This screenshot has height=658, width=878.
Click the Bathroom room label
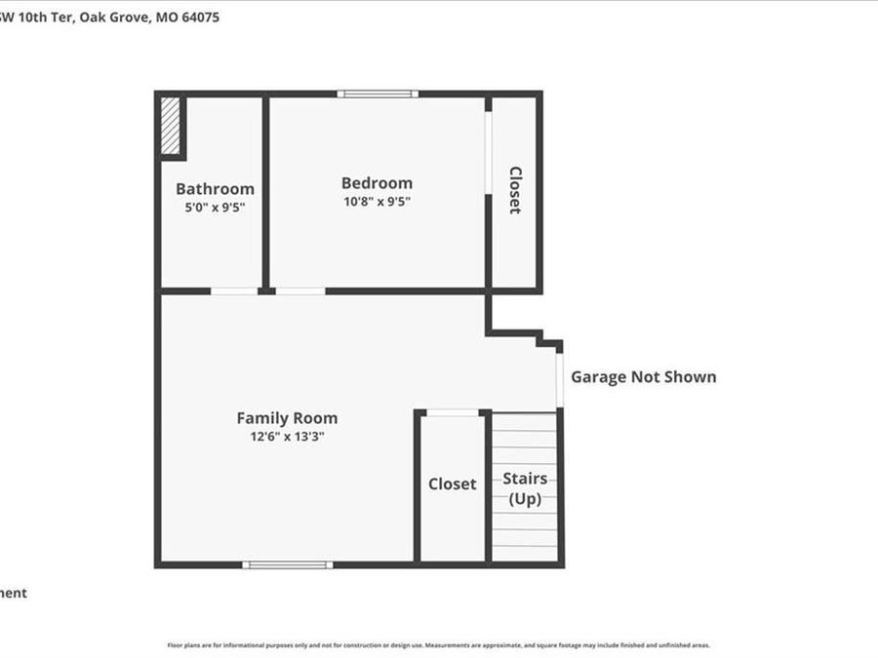pyautogui.click(x=215, y=189)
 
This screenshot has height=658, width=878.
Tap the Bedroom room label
pyautogui.click(x=377, y=183)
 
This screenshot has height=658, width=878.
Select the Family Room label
pyautogui.click(x=287, y=418)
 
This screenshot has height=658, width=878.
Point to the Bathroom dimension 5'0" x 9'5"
pyautogui.click(x=215, y=208)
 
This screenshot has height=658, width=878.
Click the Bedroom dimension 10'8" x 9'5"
pyautogui.click(x=377, y=202)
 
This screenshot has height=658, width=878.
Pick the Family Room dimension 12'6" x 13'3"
pyautogui.click(x=287, y=437)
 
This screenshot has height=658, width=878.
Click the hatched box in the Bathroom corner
pyautogui.click(x=172, y=125)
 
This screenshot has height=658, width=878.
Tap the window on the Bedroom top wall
pyautogui.click(x=378, y=94)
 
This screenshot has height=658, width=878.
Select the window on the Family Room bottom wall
pyautogui.click(x=287, y=564)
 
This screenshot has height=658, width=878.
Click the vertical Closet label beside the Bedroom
pyautogui.click(x=515, y=190)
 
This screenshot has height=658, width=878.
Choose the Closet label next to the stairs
pyautogui.click(x=453, y=484)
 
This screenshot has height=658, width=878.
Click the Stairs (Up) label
pyautogui.click(x=525, y=488)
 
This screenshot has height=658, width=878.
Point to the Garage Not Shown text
pyautogui.click(x=643, y=377)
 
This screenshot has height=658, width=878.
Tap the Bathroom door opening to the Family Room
pyautogui.click(x=234, y=290)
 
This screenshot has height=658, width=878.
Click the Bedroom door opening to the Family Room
pyautogui.click(x=300, y=290)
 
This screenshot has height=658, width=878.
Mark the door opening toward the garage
pyautogui.click(x=560, y=380)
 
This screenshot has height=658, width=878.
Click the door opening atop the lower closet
pyautogui.click(x=453, y=412)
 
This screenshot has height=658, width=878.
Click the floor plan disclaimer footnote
pyautogui.click(x=439, y=644)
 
